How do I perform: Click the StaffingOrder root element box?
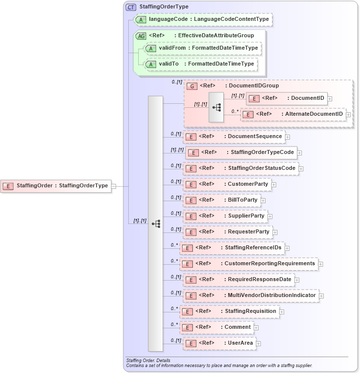(x=56, y=186)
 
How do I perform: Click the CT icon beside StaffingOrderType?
(x=131, y=7)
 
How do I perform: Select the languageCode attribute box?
(x=204, y=19)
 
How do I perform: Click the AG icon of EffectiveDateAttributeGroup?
(x=141, y=36)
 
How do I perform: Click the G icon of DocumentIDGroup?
(x=191, y=86)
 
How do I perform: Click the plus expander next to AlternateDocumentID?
(x=348, y=114)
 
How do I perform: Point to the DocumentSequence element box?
(x=234, y=136)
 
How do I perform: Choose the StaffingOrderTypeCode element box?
(x=241, y=152)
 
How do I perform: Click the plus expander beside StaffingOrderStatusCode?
(x=301, y=169)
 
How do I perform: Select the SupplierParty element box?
(x=225, y=216)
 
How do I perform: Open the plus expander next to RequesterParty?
(x=275, y=232)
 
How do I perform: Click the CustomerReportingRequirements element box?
(x=249, y=263)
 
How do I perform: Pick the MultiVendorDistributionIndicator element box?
(x=251, y=296)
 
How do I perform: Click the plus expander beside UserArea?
(x=259, y=344)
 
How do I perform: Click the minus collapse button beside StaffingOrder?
(x=114, y=186)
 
